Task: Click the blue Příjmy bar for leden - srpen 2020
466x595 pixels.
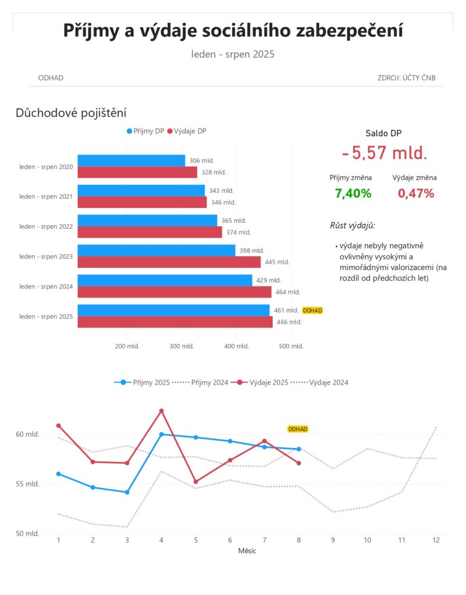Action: coord(131,160)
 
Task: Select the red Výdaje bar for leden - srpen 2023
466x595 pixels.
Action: coord(169,262)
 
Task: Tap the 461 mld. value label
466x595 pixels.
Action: coord(286,310)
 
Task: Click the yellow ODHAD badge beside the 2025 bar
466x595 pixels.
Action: coord(312,310)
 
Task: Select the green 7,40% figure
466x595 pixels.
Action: coord(353,193)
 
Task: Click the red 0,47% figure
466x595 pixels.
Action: coord(416,193)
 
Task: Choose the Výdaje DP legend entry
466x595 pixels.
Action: coord(187,131)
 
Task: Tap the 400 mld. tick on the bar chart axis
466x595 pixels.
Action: coord(236,346)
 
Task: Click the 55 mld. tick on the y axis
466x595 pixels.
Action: coord(27,484)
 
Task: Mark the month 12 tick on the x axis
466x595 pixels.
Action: coord(436,540)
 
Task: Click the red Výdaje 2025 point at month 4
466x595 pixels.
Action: coord(161,411)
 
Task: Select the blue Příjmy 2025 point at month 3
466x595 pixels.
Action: coord(127,492)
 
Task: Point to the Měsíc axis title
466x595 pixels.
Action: coord(247,551)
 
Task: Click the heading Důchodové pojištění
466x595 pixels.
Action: coord(71,113)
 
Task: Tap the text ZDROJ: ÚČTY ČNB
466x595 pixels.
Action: coord(406,78)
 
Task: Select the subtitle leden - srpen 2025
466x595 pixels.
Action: coord(233,54)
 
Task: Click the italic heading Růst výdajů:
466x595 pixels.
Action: coord(353,225)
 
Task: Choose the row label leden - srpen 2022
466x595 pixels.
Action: coord(46,227)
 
